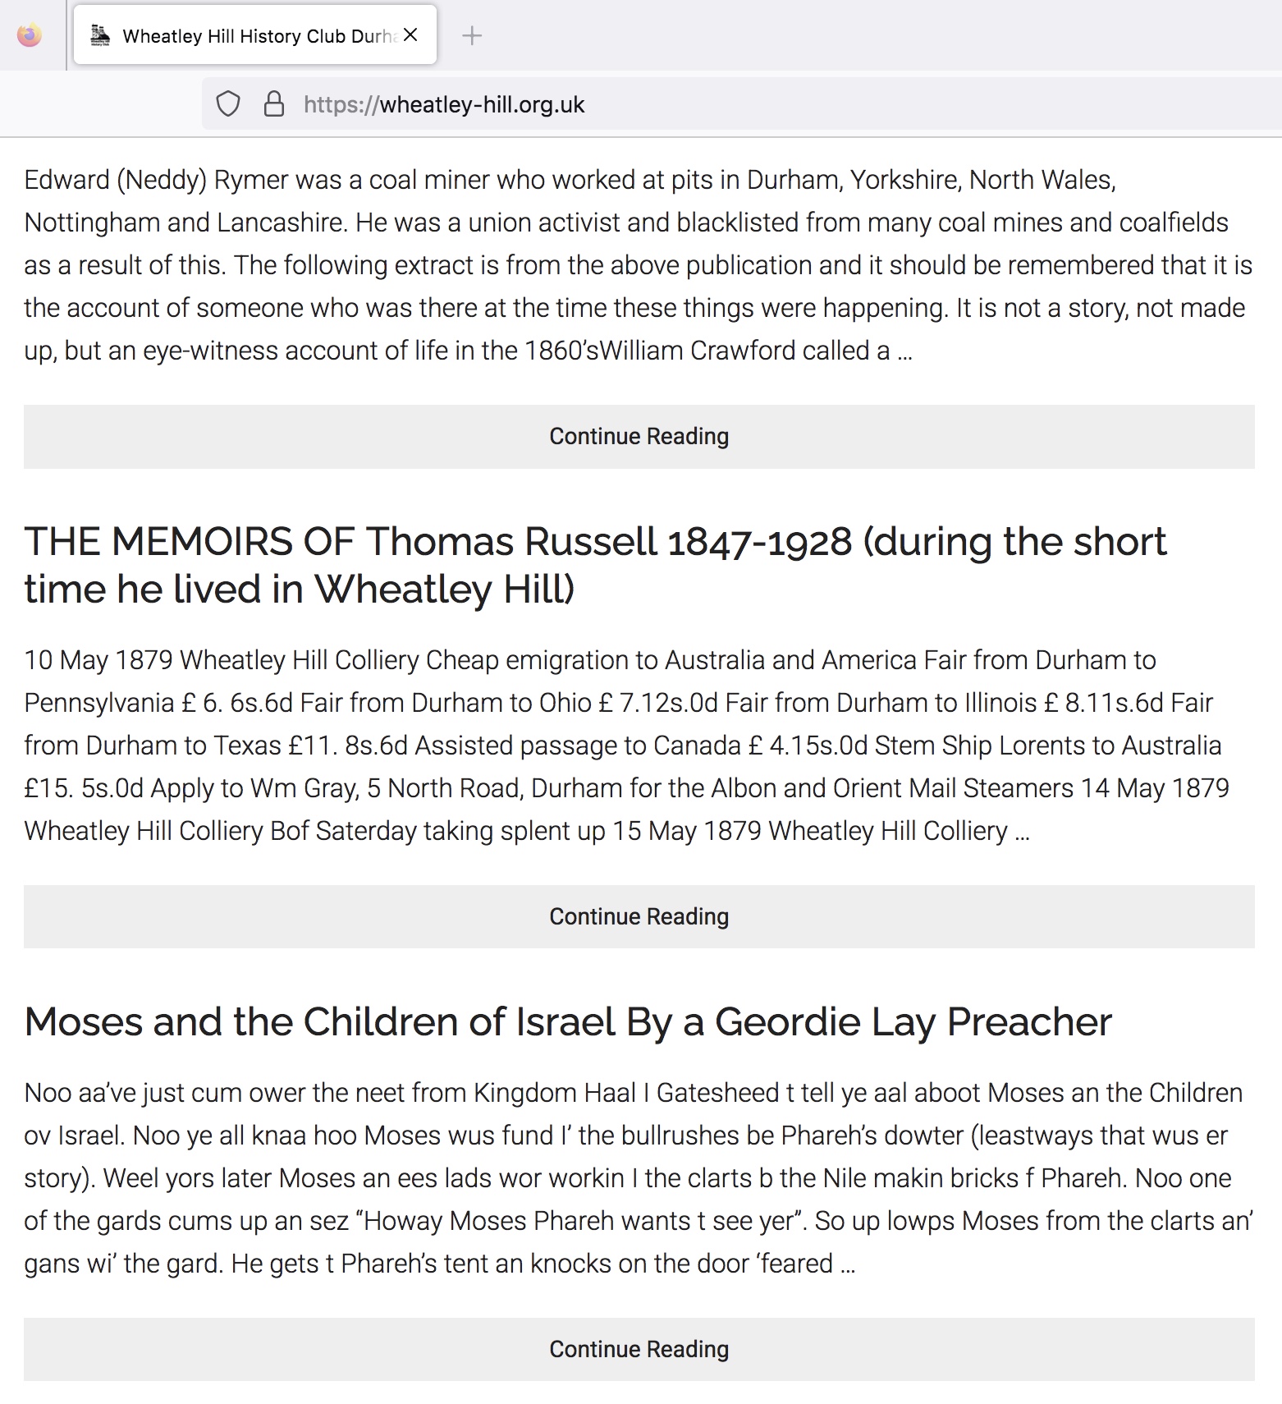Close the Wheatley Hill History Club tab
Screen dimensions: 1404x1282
pyautogui.click(x=411, y=35)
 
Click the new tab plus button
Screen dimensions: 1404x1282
pyautogui.click(x=472, y=35)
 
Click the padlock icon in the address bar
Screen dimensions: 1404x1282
pyautogui.click(x=273, y=104)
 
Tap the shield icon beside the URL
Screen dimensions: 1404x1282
pyautogui.click(x=227, y=104)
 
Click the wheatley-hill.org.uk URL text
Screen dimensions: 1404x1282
pyautogui.click(x=482, y=104)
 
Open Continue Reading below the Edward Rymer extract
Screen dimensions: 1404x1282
pyautogui.click(x=639, y=436)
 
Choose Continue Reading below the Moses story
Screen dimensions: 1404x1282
pyautogui.click(x=639, y=1349)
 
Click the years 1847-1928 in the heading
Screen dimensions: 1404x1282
pyautogui.click(x=760, y=541)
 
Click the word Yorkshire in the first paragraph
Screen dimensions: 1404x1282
pyautogui.click(x=904, y=179)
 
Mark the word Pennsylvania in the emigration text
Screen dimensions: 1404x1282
pyautogui.click(x=99, y=703)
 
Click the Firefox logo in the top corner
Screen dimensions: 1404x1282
pyautogui.click(x=30, y=35)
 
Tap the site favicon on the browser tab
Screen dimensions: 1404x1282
pyautogui.click(x=100, y=35)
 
